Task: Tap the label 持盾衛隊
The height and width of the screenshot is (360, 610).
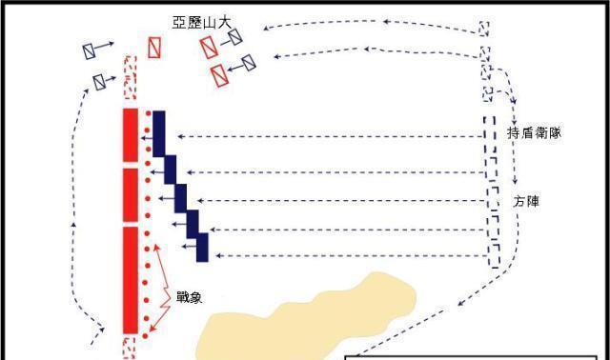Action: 534,133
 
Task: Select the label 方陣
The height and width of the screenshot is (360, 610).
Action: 525,202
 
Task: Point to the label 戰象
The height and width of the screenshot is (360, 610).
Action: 189,296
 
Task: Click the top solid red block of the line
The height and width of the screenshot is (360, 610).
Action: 131,137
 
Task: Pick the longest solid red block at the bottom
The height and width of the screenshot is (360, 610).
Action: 131,279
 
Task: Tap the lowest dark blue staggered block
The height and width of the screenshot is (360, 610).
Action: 202,246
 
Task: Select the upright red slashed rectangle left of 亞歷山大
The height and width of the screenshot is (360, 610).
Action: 153,48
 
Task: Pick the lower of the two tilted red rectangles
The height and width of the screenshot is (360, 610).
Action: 220,74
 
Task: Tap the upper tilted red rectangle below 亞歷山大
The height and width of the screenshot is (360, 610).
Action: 209,47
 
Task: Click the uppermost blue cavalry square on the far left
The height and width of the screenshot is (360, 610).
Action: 90,50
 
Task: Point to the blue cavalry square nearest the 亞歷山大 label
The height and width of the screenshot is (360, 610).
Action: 234,36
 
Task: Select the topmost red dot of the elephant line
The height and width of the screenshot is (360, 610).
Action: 147,116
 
